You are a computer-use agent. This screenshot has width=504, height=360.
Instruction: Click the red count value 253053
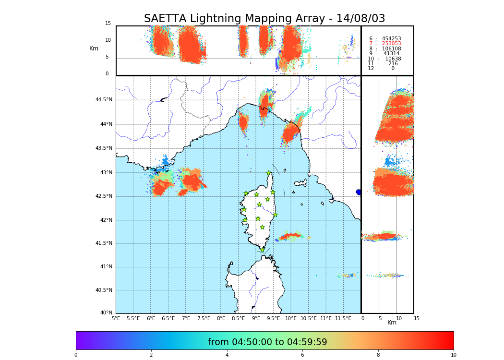point(391,44)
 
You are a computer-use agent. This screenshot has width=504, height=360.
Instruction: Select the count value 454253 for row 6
point(391,38)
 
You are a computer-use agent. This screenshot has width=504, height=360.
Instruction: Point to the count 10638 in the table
point(393,59)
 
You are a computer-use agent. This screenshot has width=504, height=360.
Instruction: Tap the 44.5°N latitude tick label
point(104,100)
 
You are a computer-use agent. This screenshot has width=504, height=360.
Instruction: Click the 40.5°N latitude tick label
point(104,290)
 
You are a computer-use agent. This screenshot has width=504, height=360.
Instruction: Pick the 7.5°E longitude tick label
point(204,318)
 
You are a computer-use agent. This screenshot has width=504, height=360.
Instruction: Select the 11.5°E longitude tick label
point(343,318)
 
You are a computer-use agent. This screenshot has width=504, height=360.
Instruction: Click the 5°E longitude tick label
point(116,318)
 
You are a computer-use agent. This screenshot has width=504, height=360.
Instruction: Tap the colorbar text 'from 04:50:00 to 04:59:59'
point(267,342)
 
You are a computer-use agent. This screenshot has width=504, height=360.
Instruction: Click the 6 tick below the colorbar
point(302,355)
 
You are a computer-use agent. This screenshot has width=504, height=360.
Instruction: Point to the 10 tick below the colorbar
point(453,355)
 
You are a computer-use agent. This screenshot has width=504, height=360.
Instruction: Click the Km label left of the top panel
point(94,48)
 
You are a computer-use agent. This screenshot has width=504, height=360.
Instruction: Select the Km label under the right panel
point(392,323)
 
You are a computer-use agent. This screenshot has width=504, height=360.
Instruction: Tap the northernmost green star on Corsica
point(269,173)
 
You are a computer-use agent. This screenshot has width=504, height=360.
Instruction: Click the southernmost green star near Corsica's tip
point(262,250)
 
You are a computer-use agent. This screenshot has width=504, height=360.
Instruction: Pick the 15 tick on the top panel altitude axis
point(108,24)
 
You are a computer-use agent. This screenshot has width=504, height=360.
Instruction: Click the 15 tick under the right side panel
point(417,318)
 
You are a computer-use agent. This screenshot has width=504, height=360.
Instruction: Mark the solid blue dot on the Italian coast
point(359,192)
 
